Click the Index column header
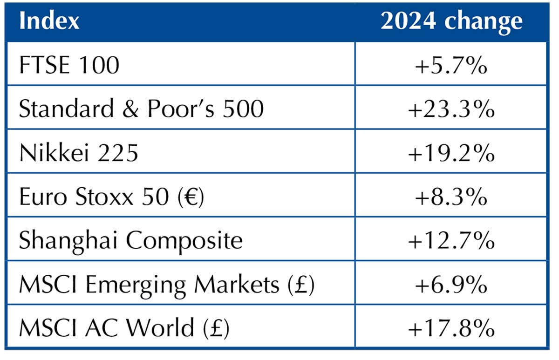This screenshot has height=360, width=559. (x=49, y=21)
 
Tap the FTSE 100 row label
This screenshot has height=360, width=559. (x=69, y=65)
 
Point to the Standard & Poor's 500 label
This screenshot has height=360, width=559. (x=141, y=109)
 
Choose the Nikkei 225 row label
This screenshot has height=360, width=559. (x=79, y=152)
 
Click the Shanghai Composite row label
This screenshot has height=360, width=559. (x=131, y=240)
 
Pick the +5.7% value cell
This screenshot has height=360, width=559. (x=451, y=65)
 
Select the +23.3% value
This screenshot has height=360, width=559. (x=451, y=109)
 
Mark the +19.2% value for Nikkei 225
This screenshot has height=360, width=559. (x=451, y=152)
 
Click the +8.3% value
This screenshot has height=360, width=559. (x=451, y=197)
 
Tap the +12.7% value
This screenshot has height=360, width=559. (x=451, y=240)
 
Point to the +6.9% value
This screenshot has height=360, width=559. (x=451, y=285)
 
